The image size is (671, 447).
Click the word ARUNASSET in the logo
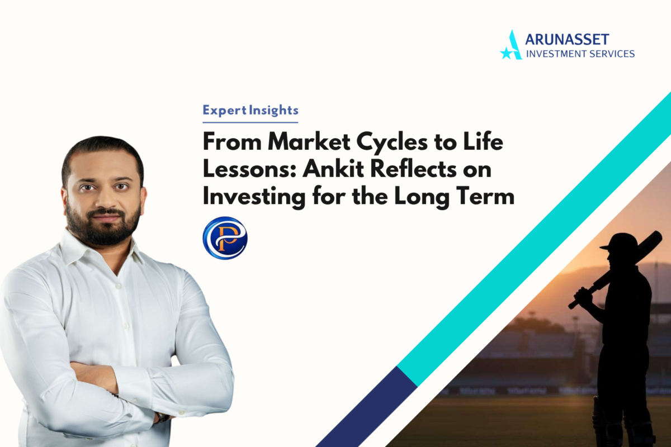point(567,40)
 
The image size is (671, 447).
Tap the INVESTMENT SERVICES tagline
point(580,54)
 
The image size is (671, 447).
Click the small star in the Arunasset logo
point(506,53)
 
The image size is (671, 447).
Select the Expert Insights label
point(251,111)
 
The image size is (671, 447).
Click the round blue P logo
point(225,238)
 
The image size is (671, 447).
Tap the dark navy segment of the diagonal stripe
point(366,407)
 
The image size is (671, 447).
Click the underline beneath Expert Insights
point(251,122)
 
